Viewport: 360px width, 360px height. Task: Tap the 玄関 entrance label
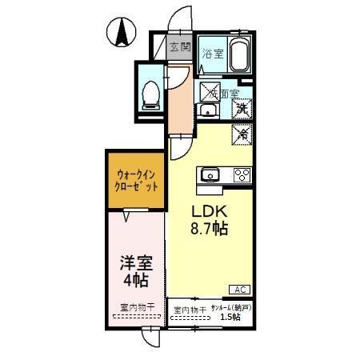click(180, 47)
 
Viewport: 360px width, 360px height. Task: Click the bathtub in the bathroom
click(239, 55)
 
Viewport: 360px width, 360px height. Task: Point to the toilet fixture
click(149, 94)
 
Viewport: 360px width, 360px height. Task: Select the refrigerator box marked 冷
click(242, 134)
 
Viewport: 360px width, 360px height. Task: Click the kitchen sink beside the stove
click(211, 174)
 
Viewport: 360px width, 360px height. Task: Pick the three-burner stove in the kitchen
click(242, 174)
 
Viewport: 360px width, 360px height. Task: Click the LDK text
click(209, 211)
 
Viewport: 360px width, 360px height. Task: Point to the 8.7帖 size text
click(209, 230)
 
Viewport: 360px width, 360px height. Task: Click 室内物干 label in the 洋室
click(135, 307)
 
